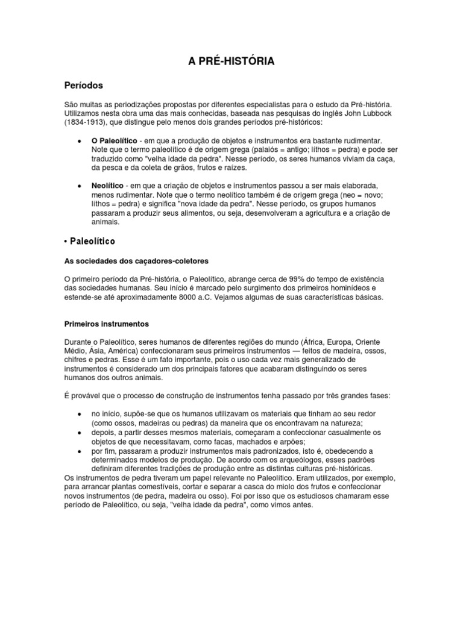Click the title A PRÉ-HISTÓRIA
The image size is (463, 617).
click(231, 61)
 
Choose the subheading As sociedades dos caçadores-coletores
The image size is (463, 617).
click(136, 261)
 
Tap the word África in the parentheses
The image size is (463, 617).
click(316, 342)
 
